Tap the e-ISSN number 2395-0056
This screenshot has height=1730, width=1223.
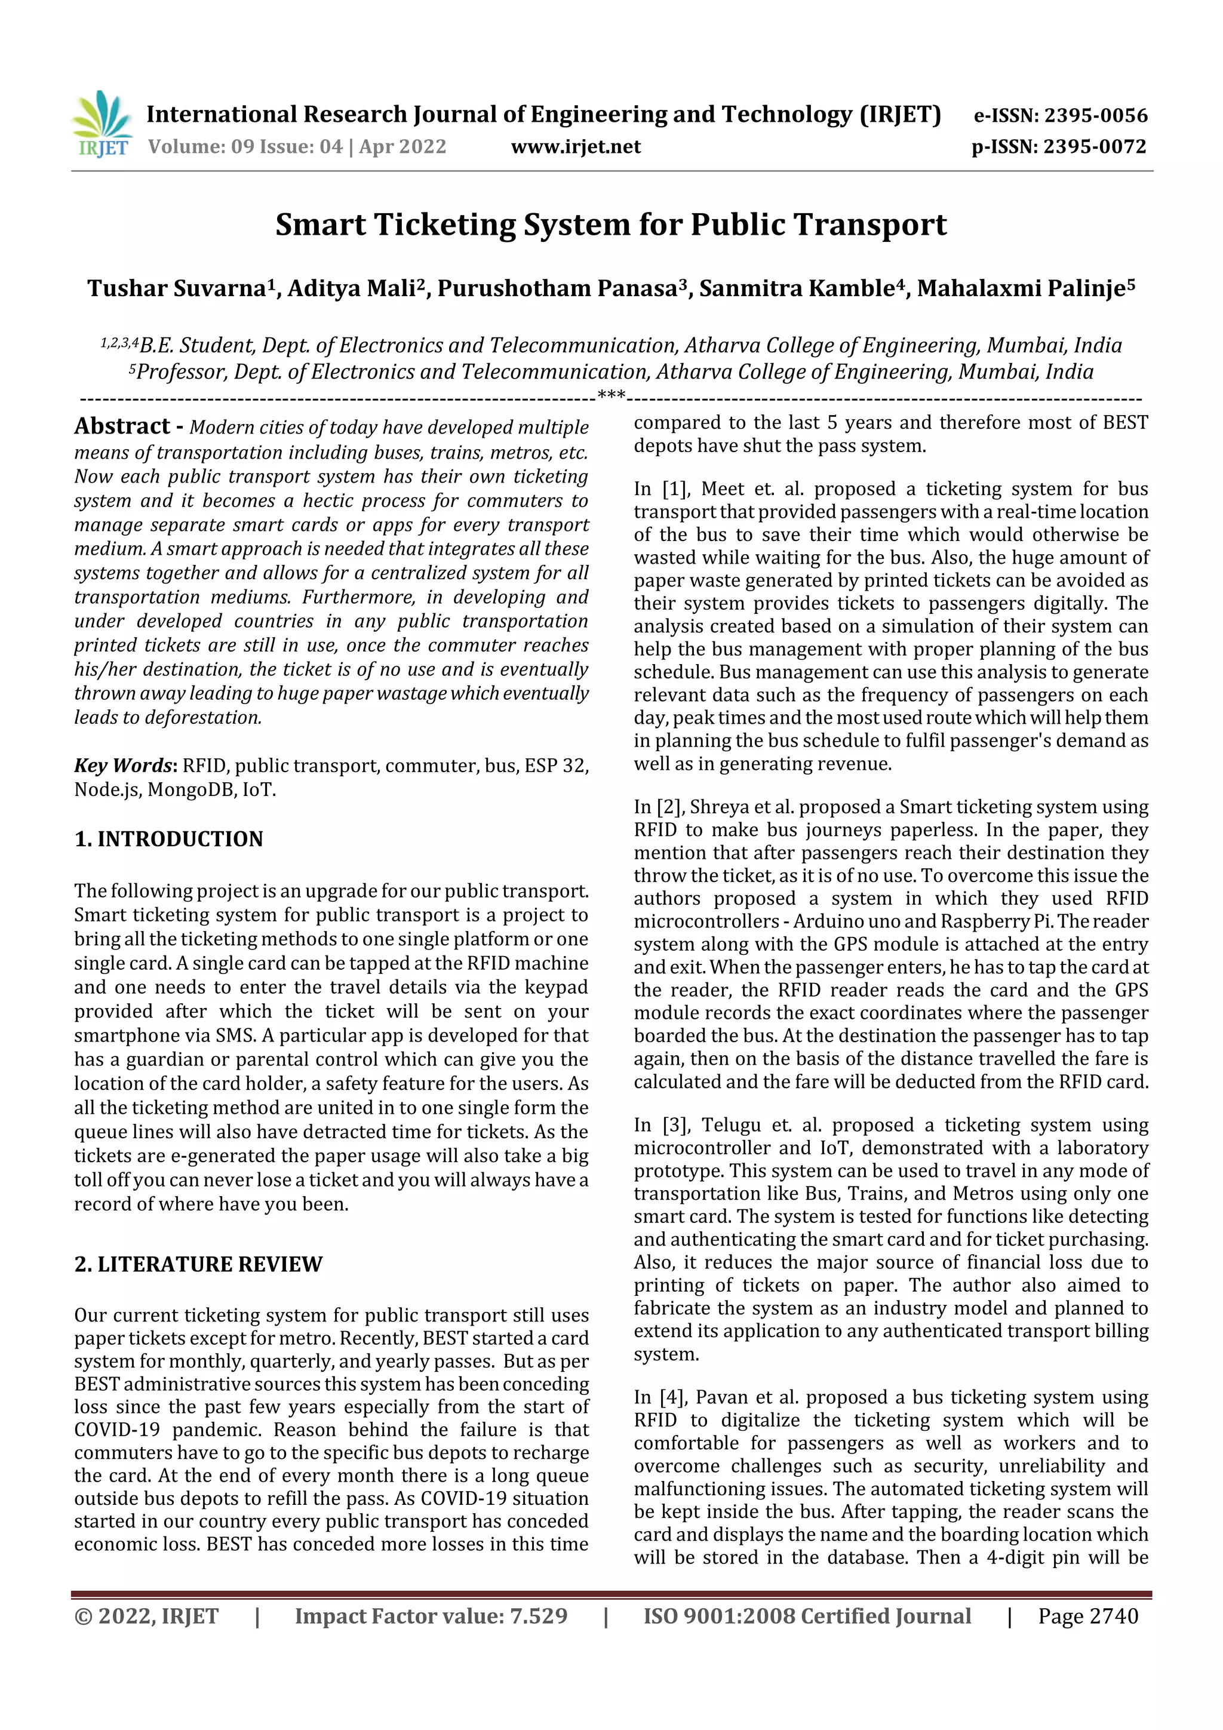click(x=1095, y=115)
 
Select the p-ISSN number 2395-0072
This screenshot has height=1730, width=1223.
click(x=1094, y=146)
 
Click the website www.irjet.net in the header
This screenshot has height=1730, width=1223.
click(x=576, y=146)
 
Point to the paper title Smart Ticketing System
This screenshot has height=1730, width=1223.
click(x=610, y=225)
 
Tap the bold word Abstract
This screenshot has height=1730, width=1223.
click(x=122, y=426)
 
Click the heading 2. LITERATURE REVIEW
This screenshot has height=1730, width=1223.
click(x=198, y=1264)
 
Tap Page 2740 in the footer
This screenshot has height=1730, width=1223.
click(x=1087, y=1615)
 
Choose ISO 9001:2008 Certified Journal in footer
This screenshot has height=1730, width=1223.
click(x=806, y=1615)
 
